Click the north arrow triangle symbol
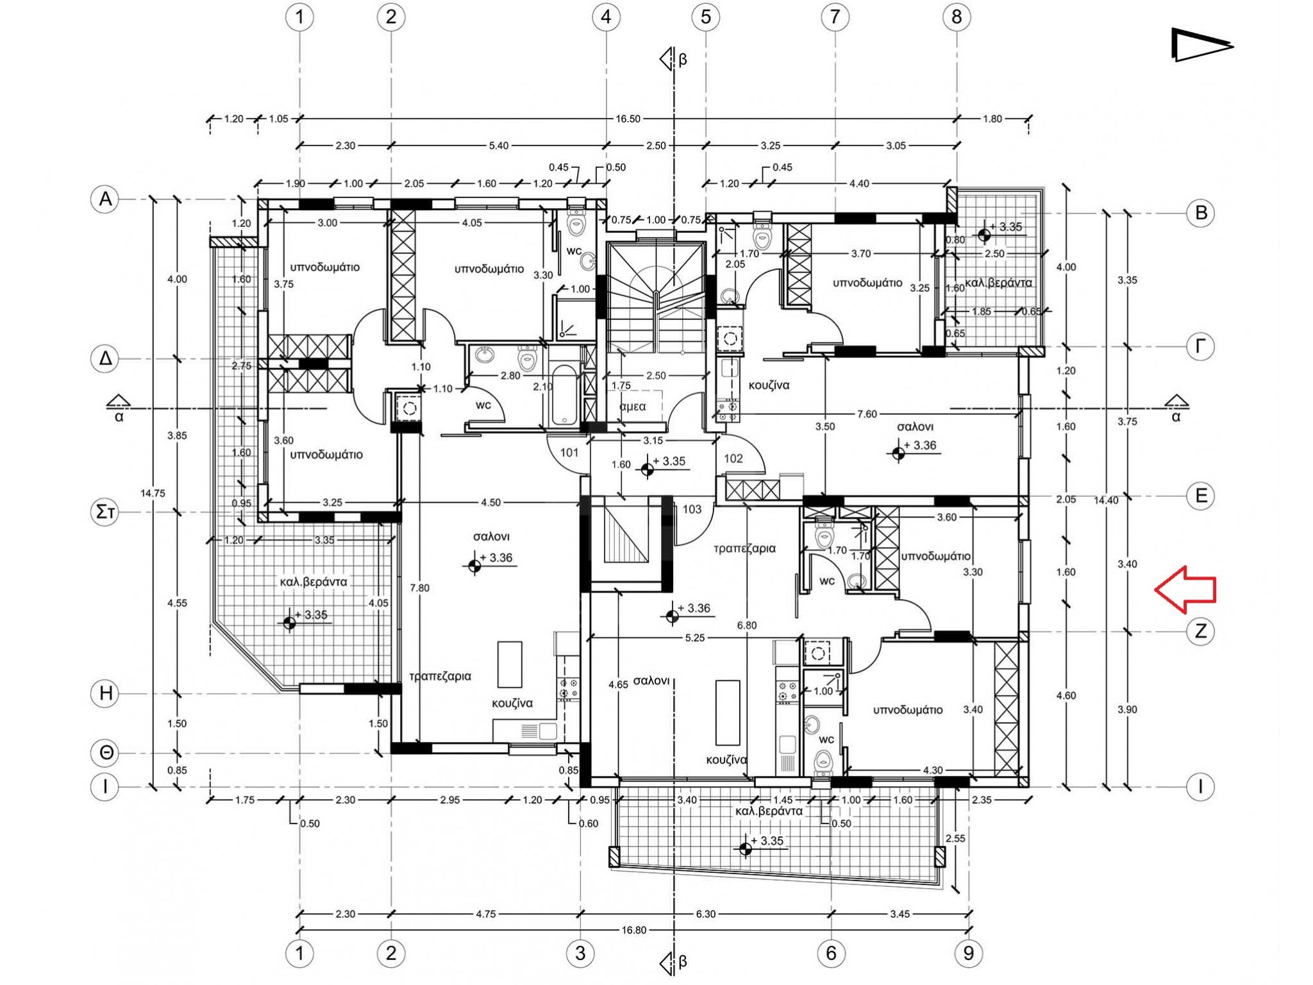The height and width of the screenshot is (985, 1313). coord(1201,45)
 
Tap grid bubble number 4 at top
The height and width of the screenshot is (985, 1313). coord(606,17)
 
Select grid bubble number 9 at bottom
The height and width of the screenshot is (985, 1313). coord(968,954)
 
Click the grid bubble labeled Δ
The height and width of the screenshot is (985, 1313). coord(105,358)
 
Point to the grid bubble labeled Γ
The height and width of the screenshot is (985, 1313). coord(1200,347)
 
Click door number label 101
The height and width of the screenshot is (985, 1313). coord(569,453)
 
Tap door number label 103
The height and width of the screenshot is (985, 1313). coord(692,509)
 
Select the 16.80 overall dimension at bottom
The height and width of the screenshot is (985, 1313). coord(633,930)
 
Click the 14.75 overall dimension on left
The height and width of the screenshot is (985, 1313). coord(153,493)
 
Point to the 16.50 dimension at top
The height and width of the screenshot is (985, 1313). coord(628,119)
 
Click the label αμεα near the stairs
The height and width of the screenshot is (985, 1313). coord(633,407)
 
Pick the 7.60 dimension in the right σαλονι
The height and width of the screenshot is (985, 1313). coord(867,414)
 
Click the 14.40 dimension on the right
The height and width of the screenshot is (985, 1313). coord(1106,500)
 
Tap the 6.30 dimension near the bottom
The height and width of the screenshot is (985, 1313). coord(705,914)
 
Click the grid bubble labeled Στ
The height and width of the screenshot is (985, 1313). coord(105,512)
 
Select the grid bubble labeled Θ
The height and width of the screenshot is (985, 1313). coord(106,753)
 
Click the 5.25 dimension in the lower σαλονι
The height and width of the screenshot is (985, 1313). coord(695,638)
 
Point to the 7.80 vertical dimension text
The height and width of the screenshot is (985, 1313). coord(419,588)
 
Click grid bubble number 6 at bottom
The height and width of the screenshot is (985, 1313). coord(831,954)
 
